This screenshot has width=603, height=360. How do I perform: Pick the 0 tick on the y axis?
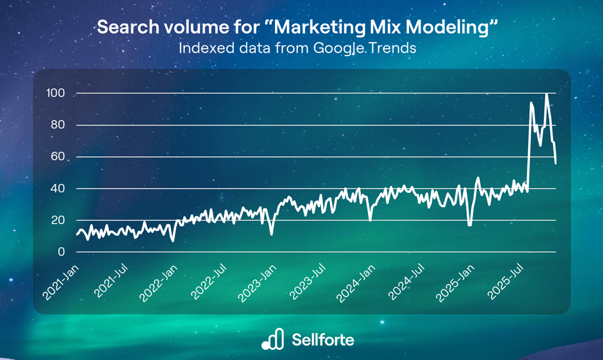tap(60, 252)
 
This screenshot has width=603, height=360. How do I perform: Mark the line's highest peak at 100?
tap(546, 94)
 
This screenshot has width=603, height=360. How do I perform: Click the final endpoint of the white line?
tap(556, 163)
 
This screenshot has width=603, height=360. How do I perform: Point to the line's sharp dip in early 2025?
tap(470, 225)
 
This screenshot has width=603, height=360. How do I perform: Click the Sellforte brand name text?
tap(323, 340)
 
